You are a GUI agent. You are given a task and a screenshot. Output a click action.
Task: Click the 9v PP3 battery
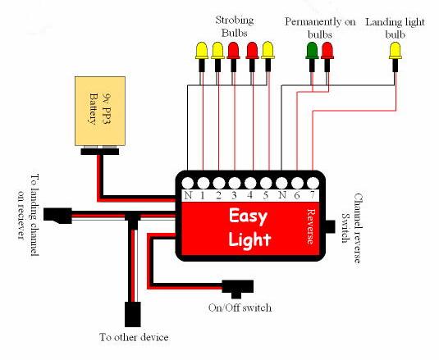coord(100,111)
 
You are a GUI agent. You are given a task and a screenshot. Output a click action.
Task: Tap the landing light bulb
coord(396,57)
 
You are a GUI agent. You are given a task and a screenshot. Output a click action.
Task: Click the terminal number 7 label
coord(313,195)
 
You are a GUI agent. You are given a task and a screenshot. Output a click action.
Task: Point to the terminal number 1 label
coord(203,195)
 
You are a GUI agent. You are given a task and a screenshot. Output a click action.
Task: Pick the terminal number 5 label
coord(266,195)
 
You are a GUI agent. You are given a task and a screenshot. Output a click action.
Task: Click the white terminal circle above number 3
coord(235,183)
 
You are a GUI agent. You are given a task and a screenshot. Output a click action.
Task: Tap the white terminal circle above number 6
coord(297,183)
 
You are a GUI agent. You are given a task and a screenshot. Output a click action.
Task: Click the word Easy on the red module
coord(248,216)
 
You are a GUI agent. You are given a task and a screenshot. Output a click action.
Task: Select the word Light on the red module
coord(249,239)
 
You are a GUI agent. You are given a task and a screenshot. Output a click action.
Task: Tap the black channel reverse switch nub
coord(331,226)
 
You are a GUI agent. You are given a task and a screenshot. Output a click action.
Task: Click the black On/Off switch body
coord(238,289)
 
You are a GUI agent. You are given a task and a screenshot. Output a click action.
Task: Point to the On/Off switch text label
coord(240,308)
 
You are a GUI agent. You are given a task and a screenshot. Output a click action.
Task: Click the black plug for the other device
coord(133,314)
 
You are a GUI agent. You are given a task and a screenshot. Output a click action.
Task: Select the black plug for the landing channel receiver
coord(57,216)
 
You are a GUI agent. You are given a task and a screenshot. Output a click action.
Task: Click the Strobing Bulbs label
coord(235,26)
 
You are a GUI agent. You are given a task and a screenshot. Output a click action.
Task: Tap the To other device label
coord(134,337)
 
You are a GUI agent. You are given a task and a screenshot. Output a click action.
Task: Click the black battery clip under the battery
coord(100,152)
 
